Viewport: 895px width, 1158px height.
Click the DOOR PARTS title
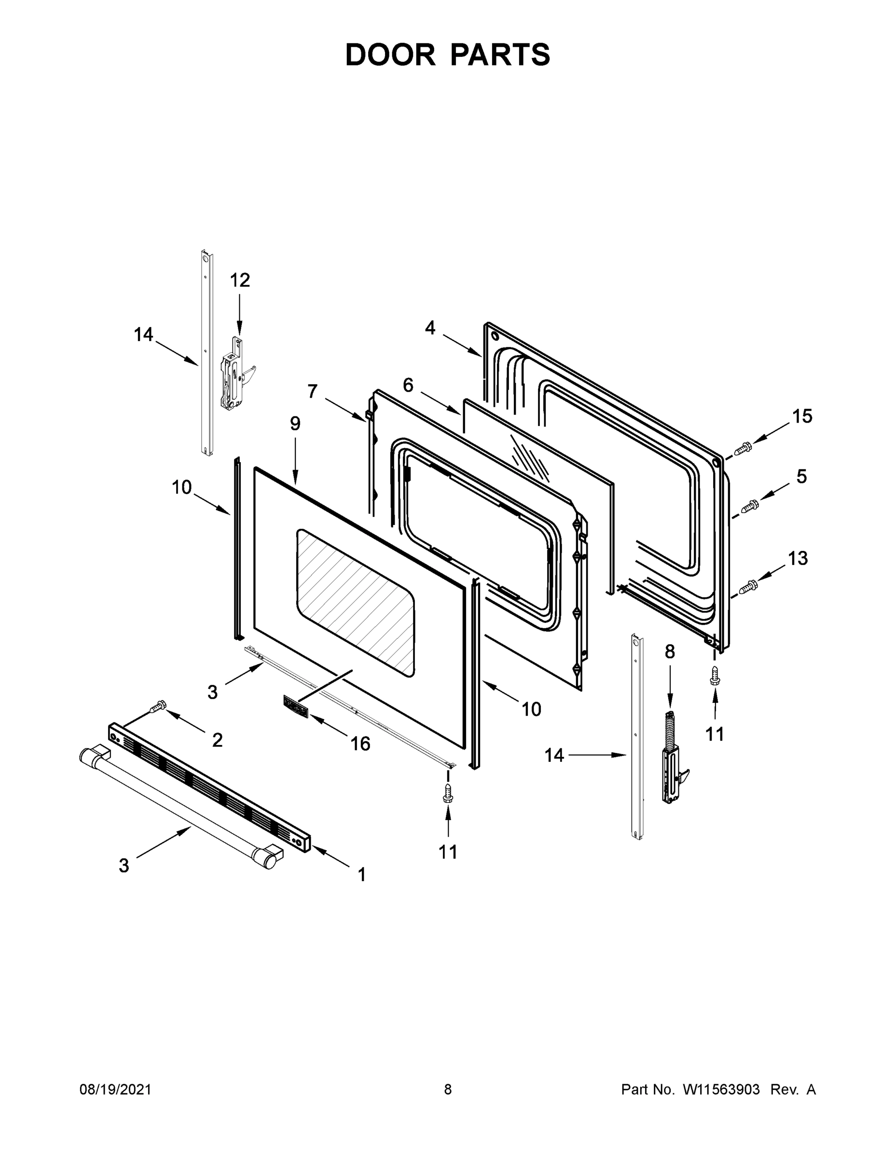(448, 55)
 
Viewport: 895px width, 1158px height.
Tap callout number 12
(240, 280)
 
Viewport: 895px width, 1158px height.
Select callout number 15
(802, 416)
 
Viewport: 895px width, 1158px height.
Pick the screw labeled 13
(748, 586)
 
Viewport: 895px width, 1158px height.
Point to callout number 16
(360, 744)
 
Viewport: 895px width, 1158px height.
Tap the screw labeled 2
(158, 707)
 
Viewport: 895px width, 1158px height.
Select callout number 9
(295, 424)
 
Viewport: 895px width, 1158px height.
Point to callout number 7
(312, 392)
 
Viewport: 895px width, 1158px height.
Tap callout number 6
(408, 386)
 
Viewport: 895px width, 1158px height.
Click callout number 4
(430, 328)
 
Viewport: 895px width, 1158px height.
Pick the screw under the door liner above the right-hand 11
(715, 675)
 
